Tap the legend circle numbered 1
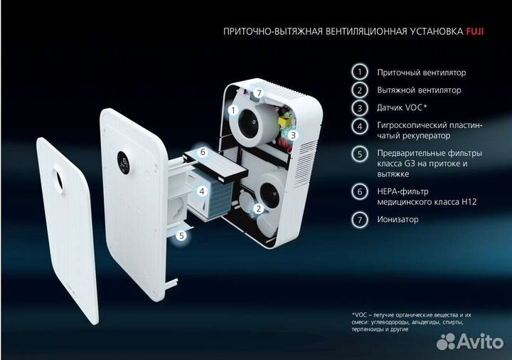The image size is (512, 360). coord(361,72)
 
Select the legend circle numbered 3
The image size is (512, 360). coord(361,107)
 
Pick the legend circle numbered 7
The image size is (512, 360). coord(361,219)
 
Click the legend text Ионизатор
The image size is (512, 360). coord(398,219)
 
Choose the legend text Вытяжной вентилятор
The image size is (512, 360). coord(419,90)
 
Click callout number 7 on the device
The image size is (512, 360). coord(260,93)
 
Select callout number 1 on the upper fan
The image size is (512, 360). coord(232,110)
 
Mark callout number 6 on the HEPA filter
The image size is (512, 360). coord(203,152)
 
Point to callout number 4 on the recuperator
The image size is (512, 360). coord(203,191)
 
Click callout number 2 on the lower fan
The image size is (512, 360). coord(259,208)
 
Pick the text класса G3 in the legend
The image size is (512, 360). coord(394,164)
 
